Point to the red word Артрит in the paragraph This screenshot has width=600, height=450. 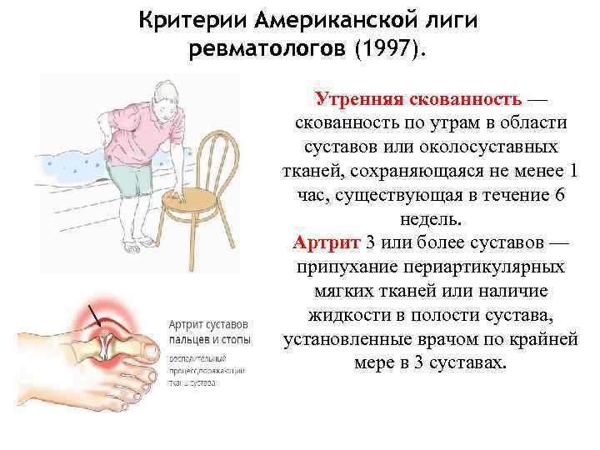[327, 243]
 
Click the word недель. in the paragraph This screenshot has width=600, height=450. [430, 219]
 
